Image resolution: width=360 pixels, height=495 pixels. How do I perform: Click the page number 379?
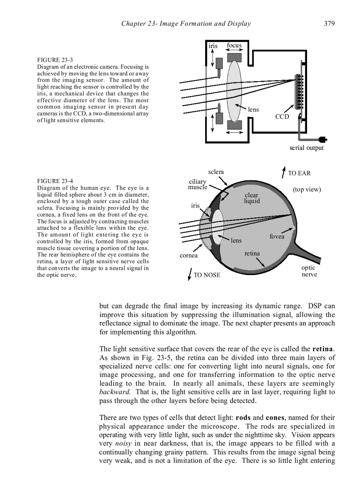point(329,24)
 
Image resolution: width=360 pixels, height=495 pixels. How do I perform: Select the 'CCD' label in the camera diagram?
point(282,117)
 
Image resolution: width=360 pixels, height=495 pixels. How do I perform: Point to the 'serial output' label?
point(306,148)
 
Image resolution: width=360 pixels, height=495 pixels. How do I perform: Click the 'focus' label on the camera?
point(234,46)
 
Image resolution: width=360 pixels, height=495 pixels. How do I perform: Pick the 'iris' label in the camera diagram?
point(213,46)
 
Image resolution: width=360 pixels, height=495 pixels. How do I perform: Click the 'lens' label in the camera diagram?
point(253,110)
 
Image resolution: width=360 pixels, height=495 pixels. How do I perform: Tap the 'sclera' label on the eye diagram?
point(216,172)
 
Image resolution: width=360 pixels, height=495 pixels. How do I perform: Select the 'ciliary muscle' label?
point(198,185)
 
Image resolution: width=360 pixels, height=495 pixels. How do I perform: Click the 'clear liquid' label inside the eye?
point(252,198)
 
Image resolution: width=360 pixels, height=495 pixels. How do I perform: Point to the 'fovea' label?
point(277,237)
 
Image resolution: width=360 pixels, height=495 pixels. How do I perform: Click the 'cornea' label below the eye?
point(189,256)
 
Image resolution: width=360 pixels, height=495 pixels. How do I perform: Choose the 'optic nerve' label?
point(309,271)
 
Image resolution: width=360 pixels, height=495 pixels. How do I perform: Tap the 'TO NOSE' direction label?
point(206,275)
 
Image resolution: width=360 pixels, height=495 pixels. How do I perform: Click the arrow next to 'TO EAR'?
point(283,172)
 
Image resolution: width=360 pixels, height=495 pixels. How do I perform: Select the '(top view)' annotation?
point(307,190)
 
